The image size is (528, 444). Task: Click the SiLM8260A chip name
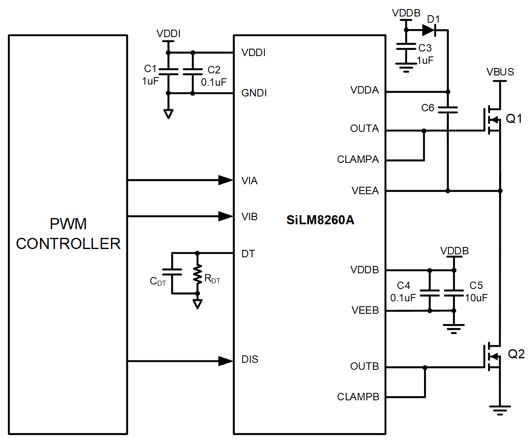(320, 220)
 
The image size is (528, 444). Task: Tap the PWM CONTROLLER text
(68, 234)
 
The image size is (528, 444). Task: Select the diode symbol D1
(429, 30)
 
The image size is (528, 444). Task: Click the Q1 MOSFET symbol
(492, 120)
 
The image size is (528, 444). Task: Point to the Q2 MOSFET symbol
(492, 356)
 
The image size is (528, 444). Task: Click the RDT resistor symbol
(198, 274)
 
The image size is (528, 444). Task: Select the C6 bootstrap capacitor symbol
(448, 109)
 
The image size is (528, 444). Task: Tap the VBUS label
(500, 72)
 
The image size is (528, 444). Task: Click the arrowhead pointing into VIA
(225, 180)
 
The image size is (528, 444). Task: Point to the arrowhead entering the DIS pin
(225, 361)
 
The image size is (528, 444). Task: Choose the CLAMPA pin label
(358, 160)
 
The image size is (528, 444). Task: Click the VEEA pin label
(365, 191)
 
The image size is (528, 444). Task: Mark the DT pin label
(248, 254)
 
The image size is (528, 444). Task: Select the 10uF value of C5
(476, 298)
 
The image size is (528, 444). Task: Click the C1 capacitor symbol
(168, 72)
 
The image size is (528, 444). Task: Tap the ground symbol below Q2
(500, 410)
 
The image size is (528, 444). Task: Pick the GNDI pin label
(254, 93)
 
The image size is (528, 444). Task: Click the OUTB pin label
(364, 366)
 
